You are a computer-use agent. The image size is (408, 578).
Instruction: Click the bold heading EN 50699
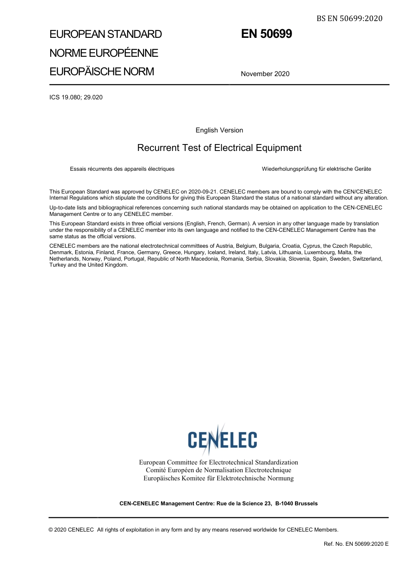pyautogui.click(x=266, y=34)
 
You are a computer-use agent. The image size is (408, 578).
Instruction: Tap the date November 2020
pyautogui.click(x=265, y=74)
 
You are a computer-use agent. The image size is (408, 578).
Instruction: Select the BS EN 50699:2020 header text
pyautogui.click(x=349, y=18)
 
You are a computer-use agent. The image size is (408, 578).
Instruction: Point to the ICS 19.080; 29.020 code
pyautogui.click(x=76, y=97)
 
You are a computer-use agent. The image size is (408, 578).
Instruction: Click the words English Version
pyautogui.click(x=219, y=130)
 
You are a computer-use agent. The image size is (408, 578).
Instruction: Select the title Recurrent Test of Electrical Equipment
pyautogui.click(x=219, y=148)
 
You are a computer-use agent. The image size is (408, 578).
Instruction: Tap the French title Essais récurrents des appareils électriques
pyautogui.click(x=122, y=169)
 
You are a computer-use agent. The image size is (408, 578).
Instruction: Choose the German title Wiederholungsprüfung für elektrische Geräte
pyautogui.click(x=316, y=169)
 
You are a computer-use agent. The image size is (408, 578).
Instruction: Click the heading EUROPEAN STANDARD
pyautogui.click(x=106, y=34)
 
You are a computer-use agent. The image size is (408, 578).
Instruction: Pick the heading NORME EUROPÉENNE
pyautogui.click(x=104, y=53)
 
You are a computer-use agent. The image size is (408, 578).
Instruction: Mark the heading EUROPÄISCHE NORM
pyautogui.click(x=101, y=71)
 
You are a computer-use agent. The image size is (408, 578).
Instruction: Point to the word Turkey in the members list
pyautogui.click(x=58, y=265)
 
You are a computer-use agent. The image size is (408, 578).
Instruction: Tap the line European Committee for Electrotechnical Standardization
pyautogui.click(x=218, y=462)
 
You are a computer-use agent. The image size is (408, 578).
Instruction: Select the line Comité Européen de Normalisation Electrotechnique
pyautogui.click(x=218, y=470)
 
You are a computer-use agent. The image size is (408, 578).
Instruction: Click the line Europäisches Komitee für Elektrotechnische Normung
pyautogui.click(x=218, y=478)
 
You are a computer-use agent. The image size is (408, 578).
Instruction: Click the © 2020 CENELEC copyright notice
pyautogui.click(x=71, y=530)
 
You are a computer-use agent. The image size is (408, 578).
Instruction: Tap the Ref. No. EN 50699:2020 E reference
pyautogui.click(x=356, y=544)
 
